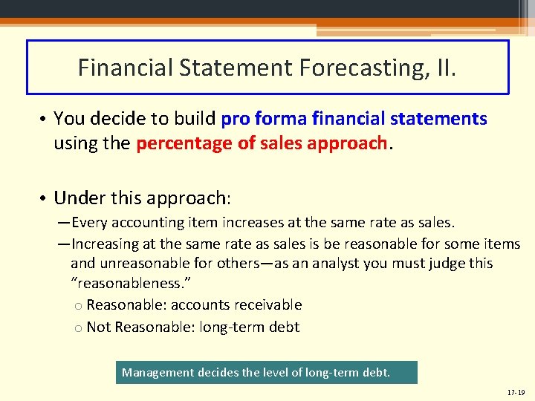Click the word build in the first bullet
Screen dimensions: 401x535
(196, 118)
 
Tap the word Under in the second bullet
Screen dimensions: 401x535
(78, 198)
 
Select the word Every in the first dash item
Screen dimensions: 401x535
(89, 223)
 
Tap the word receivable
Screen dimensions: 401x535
(271, 304)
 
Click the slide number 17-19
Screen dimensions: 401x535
(516, 392)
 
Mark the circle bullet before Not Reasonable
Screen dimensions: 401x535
(79, 327)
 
